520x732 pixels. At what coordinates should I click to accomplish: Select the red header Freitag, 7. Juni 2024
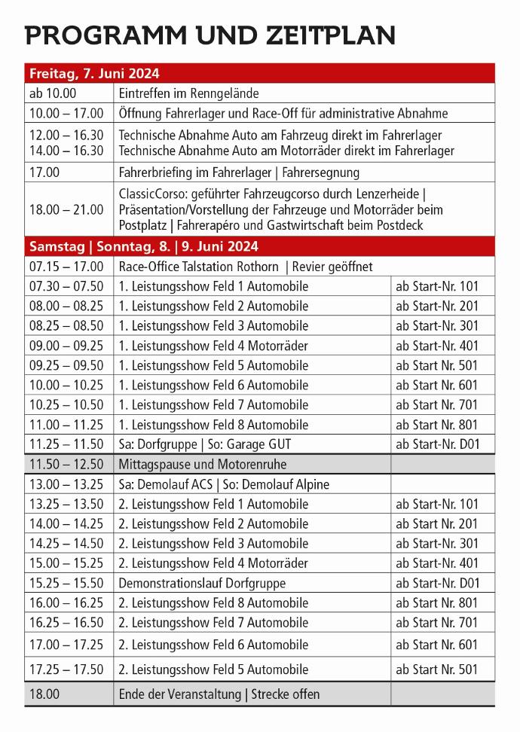[94, 74]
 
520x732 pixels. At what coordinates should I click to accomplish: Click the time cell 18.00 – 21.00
[66, 209]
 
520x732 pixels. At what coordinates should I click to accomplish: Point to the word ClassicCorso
[153, 194]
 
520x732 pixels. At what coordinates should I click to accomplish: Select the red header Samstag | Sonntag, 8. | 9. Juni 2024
[143, 246]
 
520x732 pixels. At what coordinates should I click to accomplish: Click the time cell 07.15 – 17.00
[66, 267]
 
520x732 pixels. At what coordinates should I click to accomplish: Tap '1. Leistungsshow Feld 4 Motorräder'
[213, 346]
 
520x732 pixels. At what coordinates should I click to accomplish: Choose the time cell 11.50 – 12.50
[66, 464]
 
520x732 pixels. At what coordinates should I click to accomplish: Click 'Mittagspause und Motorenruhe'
[203, 464]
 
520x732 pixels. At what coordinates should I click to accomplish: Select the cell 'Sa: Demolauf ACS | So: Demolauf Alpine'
[224, 484]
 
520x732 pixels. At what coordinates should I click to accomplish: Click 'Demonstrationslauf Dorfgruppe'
[203, 583]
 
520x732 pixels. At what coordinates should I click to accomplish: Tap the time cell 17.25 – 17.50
[66, 669]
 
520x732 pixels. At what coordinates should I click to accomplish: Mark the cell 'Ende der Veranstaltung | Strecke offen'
[219, 694]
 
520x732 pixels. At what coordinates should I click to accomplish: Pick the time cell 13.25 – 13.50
[66, 504]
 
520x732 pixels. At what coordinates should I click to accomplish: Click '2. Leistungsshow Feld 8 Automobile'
[213, 602]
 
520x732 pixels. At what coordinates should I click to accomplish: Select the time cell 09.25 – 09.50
[66, 365]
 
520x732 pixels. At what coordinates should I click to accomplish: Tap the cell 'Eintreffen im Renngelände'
[188, 93]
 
